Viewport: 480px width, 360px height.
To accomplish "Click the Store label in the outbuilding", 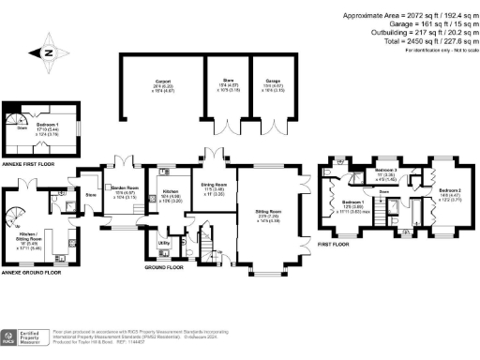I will pyautogui.click(x=228, y=84).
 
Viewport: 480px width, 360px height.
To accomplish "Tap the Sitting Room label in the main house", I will pyautogui.click(x=269, y=215).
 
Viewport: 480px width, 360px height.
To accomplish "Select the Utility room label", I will pyautogui.click(x=163, y=242).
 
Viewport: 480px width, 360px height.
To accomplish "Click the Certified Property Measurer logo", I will pyautogui.click(x=25, y=337).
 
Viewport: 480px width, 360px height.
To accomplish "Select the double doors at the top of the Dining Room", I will pyautogui.click(x=214, y=156).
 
